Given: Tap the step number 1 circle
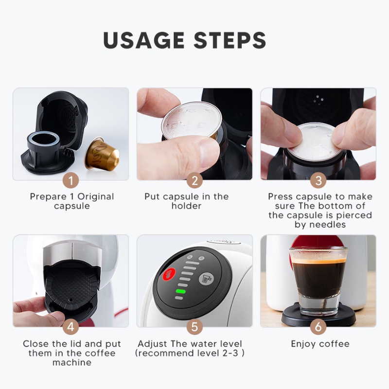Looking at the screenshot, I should [x=71, y=181].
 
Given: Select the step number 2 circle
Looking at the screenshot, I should [x=194, y=181].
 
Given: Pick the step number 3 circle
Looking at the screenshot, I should [x=318, y=181].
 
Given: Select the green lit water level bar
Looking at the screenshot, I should [x=181, y=292].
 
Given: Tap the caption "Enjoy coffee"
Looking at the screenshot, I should [x=320, y=344].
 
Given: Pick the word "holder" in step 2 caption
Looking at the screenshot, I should [x=186, y=206].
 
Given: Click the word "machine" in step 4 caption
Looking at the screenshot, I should [x=72, y=362].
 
